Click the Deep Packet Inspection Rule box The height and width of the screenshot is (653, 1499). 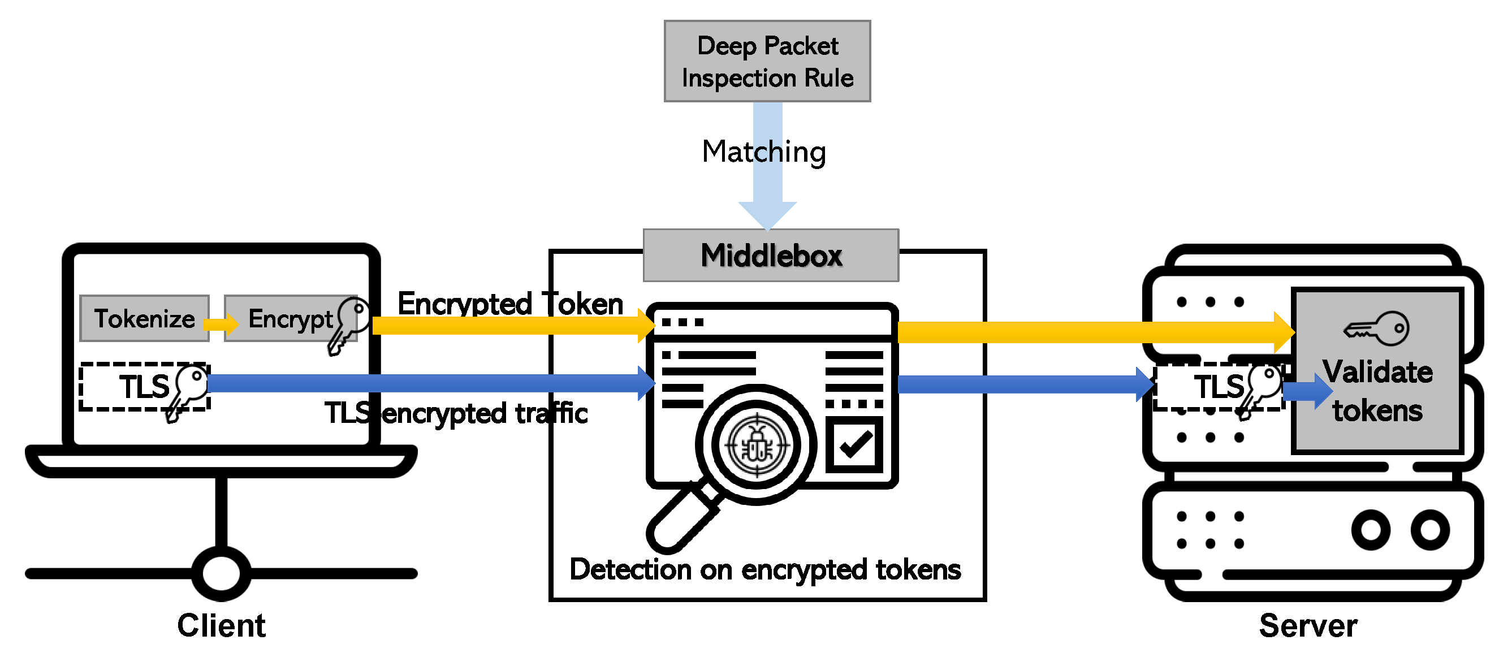coord(767,61)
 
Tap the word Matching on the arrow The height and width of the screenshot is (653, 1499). coord(763,152)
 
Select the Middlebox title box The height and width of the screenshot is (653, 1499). coord(771,256)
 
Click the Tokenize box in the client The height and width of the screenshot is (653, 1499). coord(144,318)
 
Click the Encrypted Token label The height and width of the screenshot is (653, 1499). coord(510,303)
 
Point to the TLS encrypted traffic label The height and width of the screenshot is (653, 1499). coord(456,413)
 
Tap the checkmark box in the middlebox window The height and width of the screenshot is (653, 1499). coord(854,444)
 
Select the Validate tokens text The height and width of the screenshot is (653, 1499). coord(1377,391)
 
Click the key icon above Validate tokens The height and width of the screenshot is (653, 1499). coord(1377,328)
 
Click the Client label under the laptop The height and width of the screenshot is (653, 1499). coord(221,626)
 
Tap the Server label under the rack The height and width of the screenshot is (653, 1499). coord(1307,626)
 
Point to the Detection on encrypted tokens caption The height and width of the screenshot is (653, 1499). coord(764,569)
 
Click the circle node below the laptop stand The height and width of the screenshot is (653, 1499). coord(221,573)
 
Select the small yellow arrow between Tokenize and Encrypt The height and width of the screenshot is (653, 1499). coord(221,323)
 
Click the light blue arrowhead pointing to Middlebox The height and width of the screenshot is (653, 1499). coord(767,215)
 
